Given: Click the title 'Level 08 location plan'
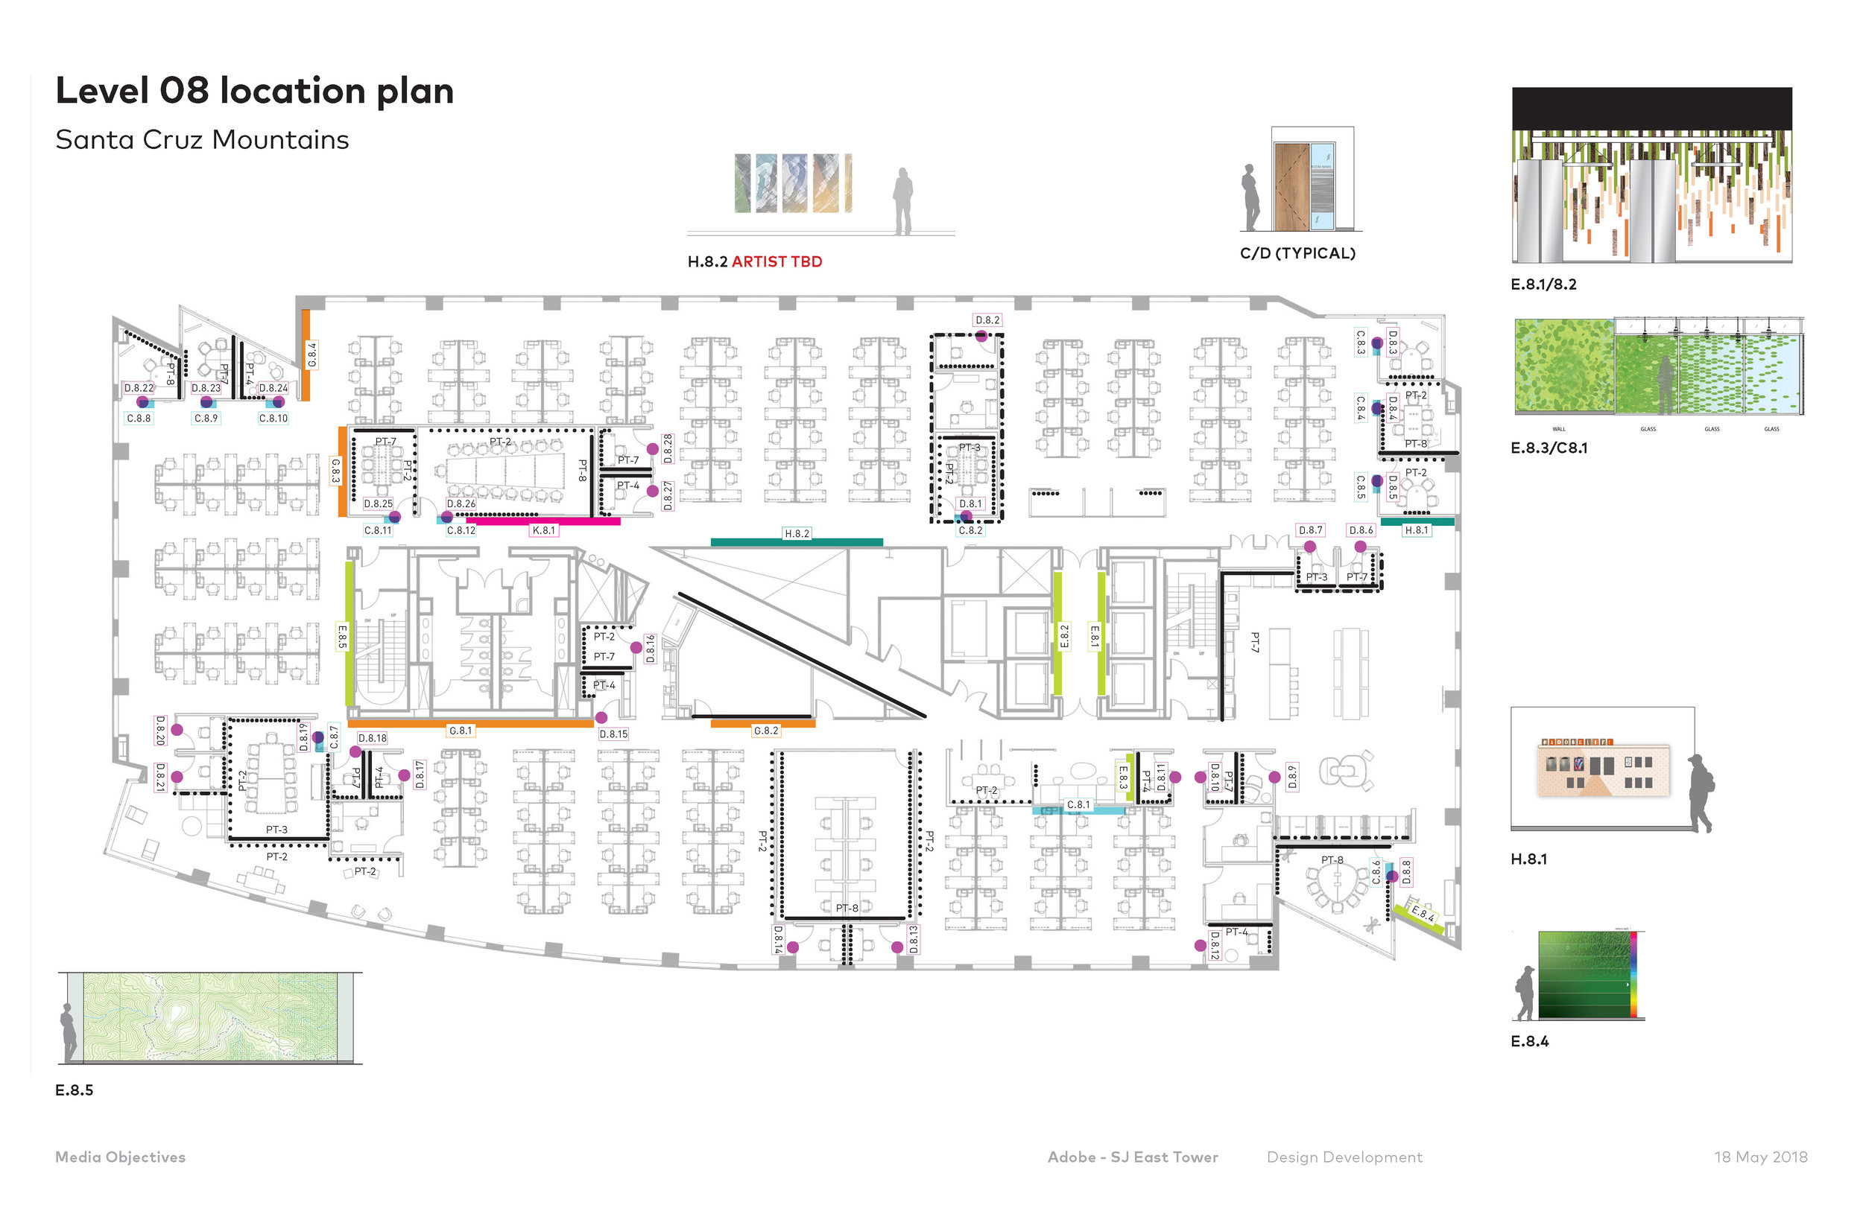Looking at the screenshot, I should tap(254, 91).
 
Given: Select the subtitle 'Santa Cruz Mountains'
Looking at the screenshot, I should tap(202, 140).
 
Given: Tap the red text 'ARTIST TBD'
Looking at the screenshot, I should tap(776, 262).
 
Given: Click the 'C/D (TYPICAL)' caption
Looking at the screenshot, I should tap(1297, 253).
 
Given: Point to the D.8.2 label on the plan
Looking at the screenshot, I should tap(987, 320).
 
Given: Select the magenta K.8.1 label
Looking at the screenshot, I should tap(543, 530).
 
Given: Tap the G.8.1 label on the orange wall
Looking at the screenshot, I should tap(461, 731).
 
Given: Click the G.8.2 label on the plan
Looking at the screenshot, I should tap(765, 731).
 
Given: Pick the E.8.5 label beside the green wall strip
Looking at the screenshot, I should tap(341, 636).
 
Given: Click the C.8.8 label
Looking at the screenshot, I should tap(139, 419).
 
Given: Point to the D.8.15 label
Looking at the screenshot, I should tap(613, 735).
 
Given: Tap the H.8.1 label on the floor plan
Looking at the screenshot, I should tap(1416, 530).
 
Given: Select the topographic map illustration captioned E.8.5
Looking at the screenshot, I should tap(210, 1017).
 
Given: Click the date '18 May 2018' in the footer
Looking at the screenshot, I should tap(1760, 1157).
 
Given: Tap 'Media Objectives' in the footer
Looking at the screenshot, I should tap(120, 1157).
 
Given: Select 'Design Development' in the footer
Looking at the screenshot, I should tap(1344, 1157).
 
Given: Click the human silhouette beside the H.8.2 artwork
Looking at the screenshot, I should tap(903, 202).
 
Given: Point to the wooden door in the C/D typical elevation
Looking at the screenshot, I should tap(1291, 188).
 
